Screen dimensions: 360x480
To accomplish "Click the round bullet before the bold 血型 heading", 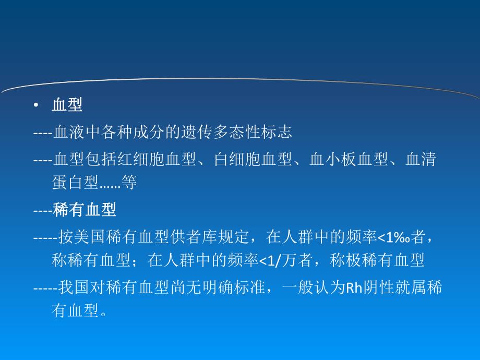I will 35,105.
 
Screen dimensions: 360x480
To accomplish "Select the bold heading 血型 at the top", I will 67,105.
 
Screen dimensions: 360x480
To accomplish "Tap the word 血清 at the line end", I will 422,160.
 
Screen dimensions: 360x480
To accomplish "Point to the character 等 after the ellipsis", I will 129,182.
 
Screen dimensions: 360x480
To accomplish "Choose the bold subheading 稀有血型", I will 85,210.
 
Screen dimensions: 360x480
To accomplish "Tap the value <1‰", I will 393,238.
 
